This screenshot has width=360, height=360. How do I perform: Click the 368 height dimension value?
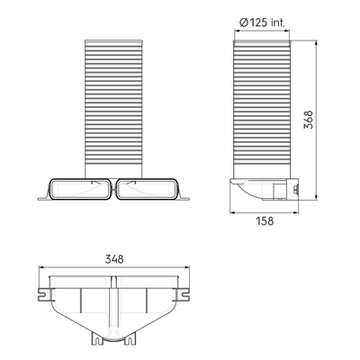tap(308, 120)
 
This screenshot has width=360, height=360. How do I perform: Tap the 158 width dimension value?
tap(265, 221)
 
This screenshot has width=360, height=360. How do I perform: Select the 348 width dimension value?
tap(114, 259)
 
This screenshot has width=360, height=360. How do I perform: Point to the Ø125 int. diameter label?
tap(262, 22)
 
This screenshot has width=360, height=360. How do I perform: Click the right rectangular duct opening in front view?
tap(147, 189)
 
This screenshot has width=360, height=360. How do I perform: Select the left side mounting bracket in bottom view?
tap(44, 294)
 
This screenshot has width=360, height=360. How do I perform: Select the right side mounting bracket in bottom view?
tap(184, 294)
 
